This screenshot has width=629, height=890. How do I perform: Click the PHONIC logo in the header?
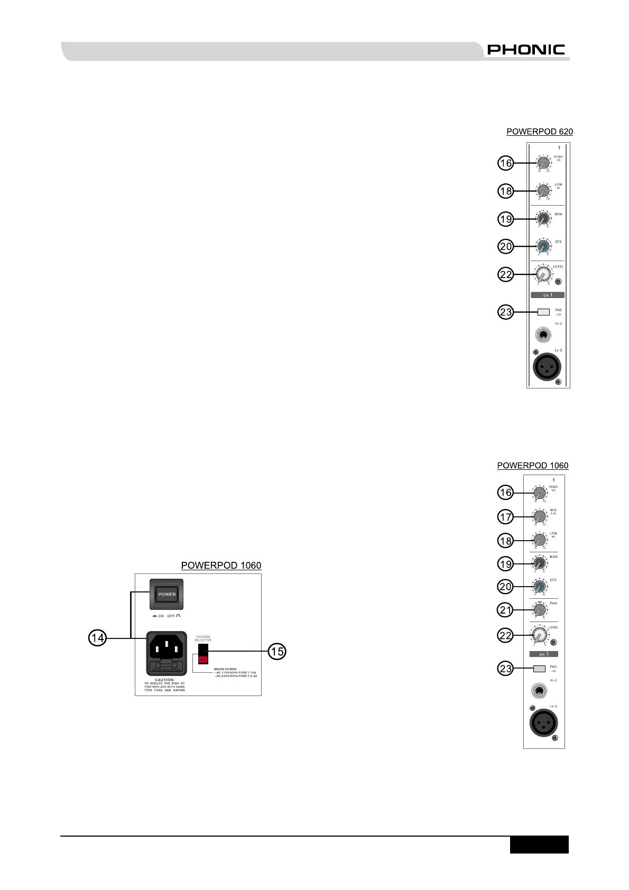(x=525, y=50)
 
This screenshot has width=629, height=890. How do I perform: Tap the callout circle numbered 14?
(x=97, y=638)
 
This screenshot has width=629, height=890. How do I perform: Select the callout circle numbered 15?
(x=277, y=651)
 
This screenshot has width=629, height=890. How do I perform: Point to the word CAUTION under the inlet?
(x=164, y=680)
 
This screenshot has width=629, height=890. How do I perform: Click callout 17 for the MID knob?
(x=506, y=517)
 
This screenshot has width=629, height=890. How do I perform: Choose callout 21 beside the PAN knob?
(x=506, y=610)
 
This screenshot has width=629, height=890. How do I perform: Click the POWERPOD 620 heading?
(x=539, y=132)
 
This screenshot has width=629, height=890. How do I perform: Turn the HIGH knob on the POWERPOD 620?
(x=543, y=163)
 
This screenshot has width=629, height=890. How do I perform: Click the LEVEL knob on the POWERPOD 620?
(x=543, y=275)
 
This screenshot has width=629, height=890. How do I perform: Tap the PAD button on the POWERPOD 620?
(x=543, y=312)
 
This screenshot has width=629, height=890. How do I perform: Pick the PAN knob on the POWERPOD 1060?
(x=539, y=610)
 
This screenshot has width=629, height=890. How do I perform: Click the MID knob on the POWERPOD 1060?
(x=539, y=517)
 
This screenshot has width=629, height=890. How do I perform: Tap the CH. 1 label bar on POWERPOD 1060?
(x=544, y=654)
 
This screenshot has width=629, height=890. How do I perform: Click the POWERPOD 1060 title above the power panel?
(x=221, y=565)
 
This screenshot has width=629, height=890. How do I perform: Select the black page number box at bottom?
(x=539, y=845)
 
